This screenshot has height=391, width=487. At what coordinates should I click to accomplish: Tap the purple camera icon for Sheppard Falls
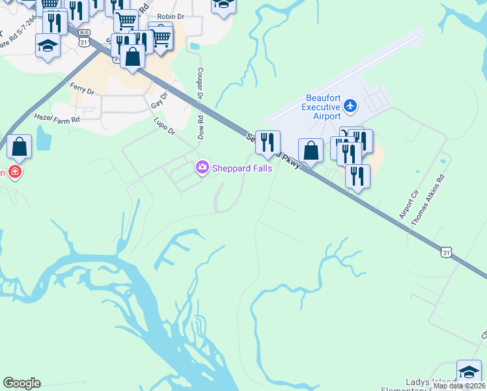click(202, 169)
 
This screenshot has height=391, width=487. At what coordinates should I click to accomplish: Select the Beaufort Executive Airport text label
click(323, 107)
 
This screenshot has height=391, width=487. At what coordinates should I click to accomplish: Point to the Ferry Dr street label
click(82, 89)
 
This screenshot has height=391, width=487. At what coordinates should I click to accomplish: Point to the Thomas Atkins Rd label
click(428, 199)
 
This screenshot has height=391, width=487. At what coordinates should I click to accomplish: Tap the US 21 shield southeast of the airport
click(445, 252)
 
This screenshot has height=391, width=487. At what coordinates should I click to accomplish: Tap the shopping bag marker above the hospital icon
click(20, 147)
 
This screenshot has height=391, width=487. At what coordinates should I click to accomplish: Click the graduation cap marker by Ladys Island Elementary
click(469, 371)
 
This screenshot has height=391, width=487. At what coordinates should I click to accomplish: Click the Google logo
click(21, 383)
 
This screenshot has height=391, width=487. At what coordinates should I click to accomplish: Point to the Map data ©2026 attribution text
click(459, 386)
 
